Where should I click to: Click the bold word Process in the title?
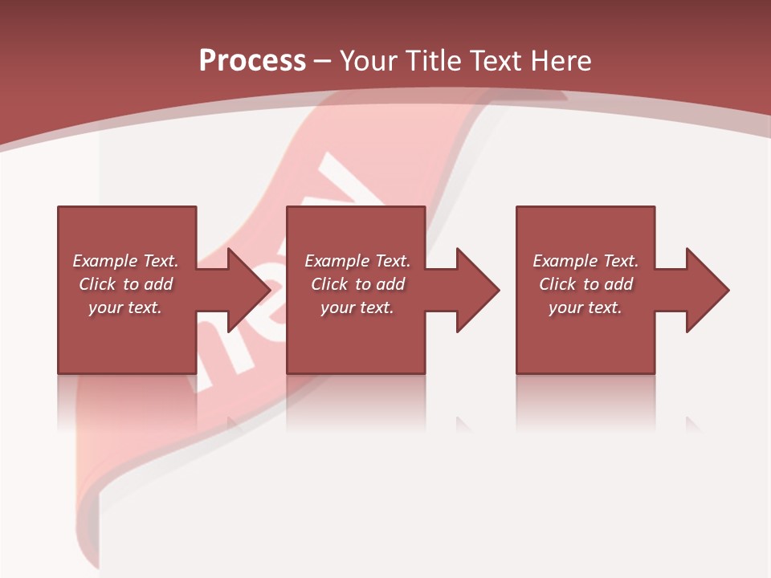(252, 60)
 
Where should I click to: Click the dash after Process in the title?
(323, 62)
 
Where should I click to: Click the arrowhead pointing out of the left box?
(246, 290)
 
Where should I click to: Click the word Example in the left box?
(104, 261)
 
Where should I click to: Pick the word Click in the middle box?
(328, 284)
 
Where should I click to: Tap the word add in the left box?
(158, 284)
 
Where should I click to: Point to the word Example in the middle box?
(337, 261)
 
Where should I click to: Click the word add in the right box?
(618, 284)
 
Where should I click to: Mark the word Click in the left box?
(96, 284)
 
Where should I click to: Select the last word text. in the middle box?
(375, 307)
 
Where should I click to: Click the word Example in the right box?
(565, 261)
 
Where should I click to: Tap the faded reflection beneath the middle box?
(356, 401)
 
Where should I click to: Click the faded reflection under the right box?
(585, 401)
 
